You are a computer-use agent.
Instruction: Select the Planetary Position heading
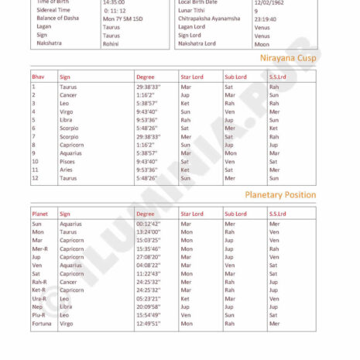point(280,195)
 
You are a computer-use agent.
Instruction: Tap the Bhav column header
point(38,77)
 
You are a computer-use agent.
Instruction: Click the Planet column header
point(40,214)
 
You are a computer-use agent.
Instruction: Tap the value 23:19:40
point(266,19)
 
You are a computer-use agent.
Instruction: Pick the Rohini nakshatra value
point(111,44)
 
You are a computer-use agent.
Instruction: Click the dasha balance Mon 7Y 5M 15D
point(123,19)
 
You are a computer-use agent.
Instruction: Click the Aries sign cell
point(67,170)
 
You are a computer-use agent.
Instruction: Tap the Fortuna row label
point(42,324)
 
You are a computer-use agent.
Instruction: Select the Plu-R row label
point(39,315)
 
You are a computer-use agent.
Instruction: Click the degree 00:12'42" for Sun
point(148,224)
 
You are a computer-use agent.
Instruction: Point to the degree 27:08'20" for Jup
point(148,257)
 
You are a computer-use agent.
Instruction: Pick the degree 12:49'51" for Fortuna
point(148,324)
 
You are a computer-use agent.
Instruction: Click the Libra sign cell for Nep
point(66,307)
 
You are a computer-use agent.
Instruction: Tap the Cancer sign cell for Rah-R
point(69,282)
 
